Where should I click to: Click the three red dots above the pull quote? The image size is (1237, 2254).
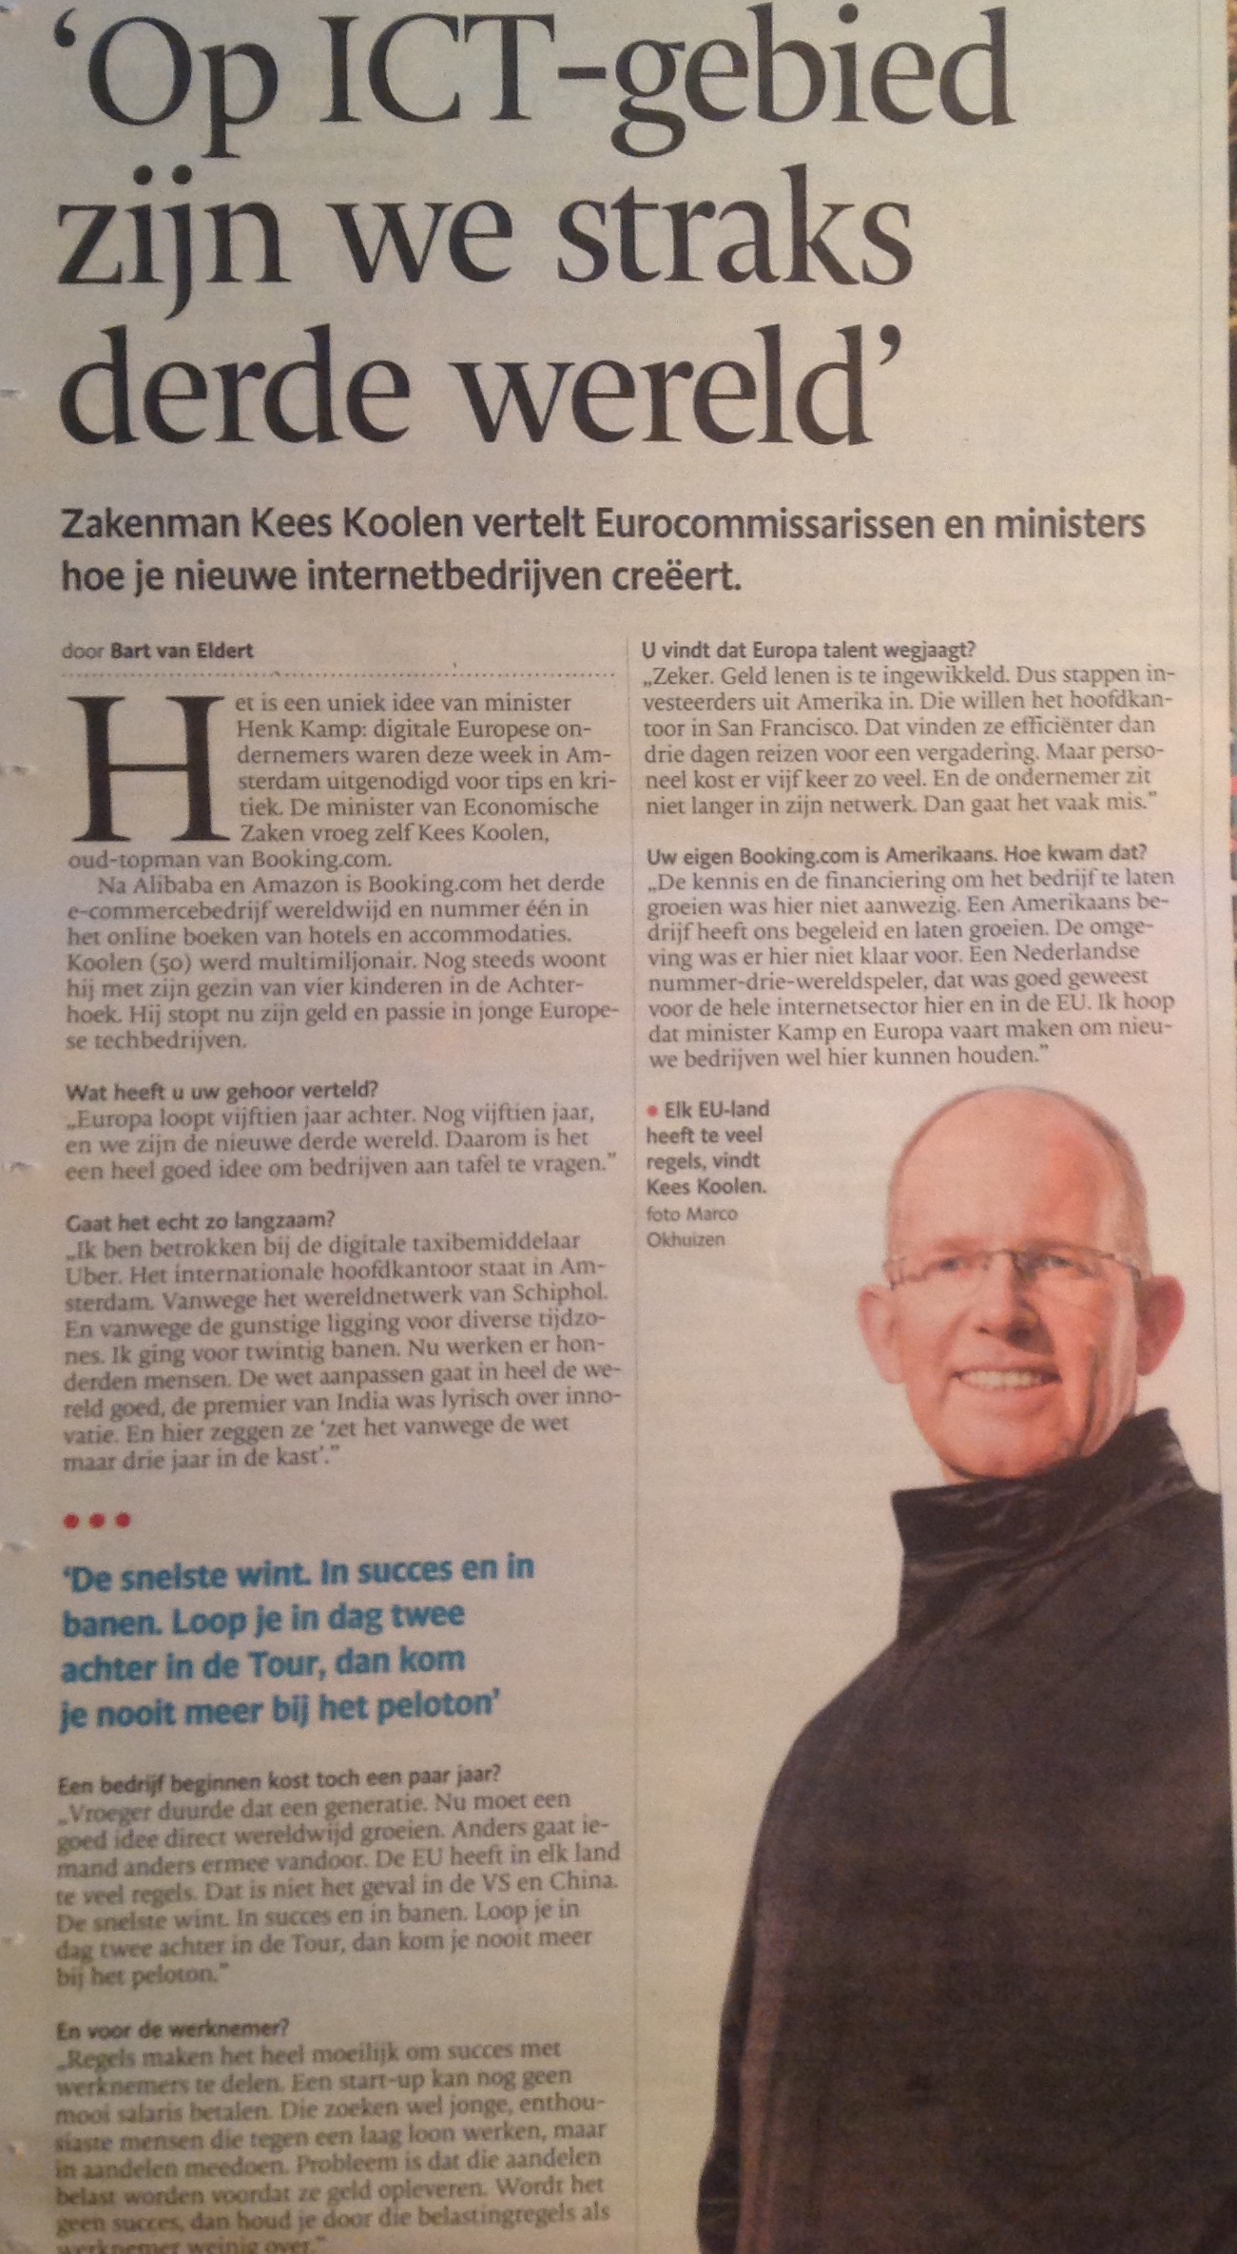[x=95, y=1521]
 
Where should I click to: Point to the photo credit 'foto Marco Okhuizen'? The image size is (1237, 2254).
[x=691, y=1227]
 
